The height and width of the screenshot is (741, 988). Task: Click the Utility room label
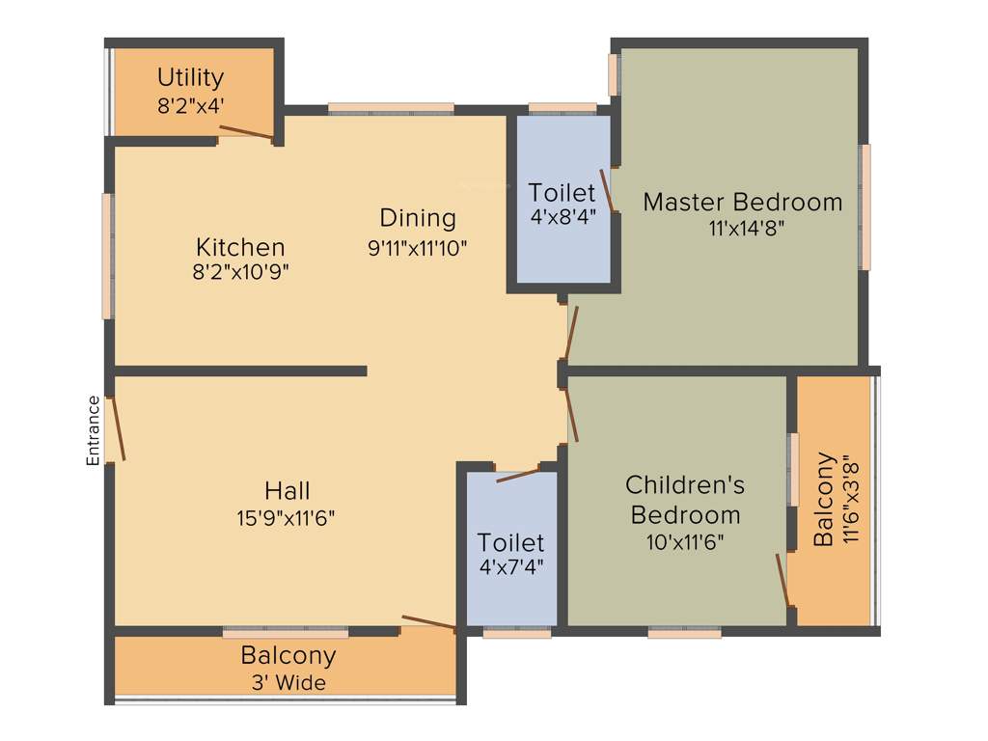(x=191, y=76)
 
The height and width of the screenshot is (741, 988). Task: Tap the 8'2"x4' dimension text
(x=191, y=105)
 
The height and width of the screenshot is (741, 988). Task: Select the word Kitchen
(x=240, y=246)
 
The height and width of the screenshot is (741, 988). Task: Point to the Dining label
(x=417, y=217)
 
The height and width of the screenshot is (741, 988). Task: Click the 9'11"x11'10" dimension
(x=417, y=247)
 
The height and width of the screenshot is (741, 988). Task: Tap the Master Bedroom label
(x=742, y=203)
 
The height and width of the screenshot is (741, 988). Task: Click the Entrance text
(x=94, y=430)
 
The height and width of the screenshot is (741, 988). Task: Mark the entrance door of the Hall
(x=116, y=427)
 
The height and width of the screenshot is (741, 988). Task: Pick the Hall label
(x=288, y=490)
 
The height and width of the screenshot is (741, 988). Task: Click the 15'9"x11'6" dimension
(x=288, y=518)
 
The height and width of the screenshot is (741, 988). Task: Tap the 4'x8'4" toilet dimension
(x=563, y=217)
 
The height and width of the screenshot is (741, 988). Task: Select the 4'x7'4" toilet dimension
(x=511, y=567)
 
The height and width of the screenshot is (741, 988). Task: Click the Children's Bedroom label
(x=684, y=499)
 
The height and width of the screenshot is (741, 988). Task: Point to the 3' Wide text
(x=288, y=683)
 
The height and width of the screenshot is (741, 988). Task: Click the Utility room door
(x=246, y=133)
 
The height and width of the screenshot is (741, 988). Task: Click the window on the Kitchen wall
(x=107, y=256)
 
